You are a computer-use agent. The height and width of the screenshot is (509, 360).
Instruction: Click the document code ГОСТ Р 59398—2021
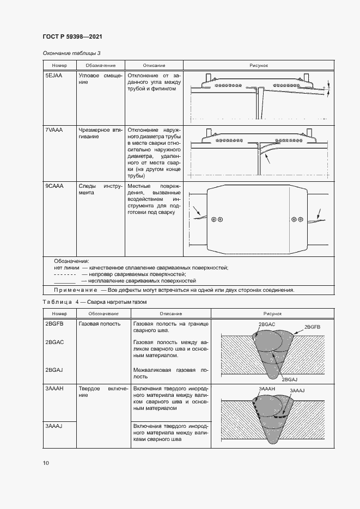(72, 36)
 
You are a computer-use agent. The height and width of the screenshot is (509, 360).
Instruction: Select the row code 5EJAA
(53, 75)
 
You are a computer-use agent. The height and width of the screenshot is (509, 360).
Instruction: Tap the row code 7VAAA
(54, 131)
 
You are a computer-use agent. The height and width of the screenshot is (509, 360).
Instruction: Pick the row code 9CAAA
(54, 186)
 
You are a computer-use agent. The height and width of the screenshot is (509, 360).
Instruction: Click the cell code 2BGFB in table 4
(54, 323)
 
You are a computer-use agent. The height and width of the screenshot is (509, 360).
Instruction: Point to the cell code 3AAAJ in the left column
(54, 426)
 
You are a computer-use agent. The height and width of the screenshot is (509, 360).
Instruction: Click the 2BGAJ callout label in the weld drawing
(290, 379)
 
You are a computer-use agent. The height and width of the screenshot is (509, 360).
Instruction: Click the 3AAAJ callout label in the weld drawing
(297, 391)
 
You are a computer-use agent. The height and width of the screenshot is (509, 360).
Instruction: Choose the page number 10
(46, 463)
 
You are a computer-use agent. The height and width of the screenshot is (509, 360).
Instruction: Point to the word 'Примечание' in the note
(74, 290)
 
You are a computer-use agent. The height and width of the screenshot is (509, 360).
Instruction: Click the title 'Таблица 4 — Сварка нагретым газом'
(95, 302)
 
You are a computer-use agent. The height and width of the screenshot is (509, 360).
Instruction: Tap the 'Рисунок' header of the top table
(259, 65)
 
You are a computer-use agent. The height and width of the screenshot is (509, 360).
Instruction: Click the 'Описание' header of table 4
(170, 314)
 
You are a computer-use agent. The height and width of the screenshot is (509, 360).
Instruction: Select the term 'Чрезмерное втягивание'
(99, 134)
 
